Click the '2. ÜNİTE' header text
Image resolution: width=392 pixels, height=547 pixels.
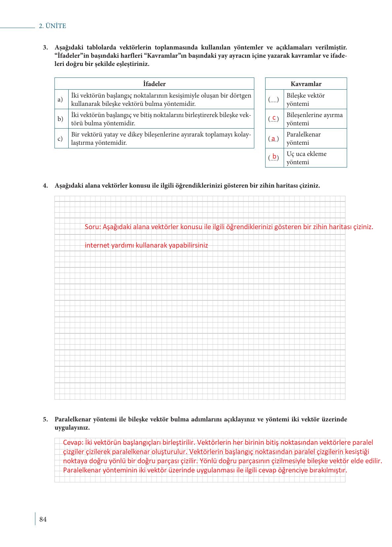pos(53,26)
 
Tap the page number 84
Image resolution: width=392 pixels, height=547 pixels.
pos(43,519)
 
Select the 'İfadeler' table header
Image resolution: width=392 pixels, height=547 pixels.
pos(154,84)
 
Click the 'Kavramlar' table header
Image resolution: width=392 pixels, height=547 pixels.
pos(306,84)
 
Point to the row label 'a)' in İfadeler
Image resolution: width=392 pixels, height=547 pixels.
pos(60,99)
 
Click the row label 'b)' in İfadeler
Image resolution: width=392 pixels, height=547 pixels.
pos(60,119)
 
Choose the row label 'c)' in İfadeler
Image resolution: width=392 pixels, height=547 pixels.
pos(60,138)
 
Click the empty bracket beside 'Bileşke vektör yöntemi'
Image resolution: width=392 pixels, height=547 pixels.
pos(273,100)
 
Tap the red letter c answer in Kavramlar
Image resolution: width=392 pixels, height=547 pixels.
pos(274,118)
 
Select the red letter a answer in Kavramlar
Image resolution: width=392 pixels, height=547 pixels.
pos(273,139)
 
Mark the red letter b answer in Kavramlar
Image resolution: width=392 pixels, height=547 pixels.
pos(274,157)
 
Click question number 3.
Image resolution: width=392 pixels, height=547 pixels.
pos(46,47)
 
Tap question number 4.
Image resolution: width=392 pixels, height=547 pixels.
pos(46,186)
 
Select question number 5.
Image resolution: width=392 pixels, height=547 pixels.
pos(46,419)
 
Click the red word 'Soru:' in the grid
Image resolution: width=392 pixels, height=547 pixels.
pos(93,227)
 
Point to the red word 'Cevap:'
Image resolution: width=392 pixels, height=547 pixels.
pos(73,442)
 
